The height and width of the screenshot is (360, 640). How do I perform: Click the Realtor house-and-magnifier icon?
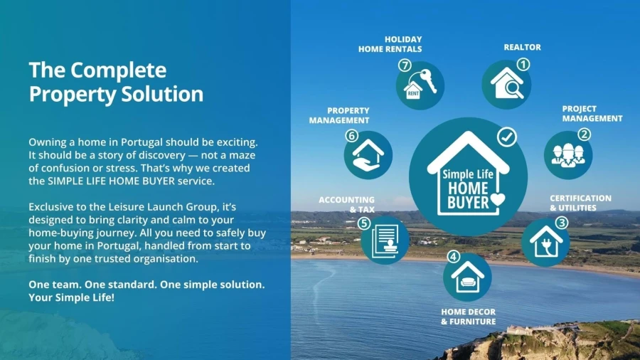click(x=506, y=84)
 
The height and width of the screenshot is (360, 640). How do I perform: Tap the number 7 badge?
click(x=405, y=65)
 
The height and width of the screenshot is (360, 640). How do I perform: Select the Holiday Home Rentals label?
click(x=390, y=44)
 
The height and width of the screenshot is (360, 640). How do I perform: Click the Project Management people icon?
click(x=568, y=155)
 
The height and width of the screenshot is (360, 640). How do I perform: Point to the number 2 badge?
click(x=584, y=134)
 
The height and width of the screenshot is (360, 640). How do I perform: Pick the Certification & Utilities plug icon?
click(x=545, y=242)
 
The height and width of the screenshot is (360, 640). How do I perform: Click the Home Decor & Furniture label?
click(x=468, y=317)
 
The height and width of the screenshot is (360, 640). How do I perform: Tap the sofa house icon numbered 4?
click(x=467, y=277)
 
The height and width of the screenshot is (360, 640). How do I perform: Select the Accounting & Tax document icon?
click(x=385, y=240)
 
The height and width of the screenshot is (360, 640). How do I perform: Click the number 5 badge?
click(x=363, y=223)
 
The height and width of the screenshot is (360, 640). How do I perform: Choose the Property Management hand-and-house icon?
click(x=368, y=154)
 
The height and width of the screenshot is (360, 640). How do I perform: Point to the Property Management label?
click(x=339, y=115)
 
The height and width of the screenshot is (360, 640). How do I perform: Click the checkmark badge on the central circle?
click(x=507, y=137)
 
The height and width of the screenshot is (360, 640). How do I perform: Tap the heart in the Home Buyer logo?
click(x=498, y=199)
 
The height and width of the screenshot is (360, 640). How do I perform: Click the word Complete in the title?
click(x=118, y=70)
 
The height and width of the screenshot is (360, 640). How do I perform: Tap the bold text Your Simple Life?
click(x=71, y=297)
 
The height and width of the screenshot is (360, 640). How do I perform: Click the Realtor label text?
click(x=523, y=48)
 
